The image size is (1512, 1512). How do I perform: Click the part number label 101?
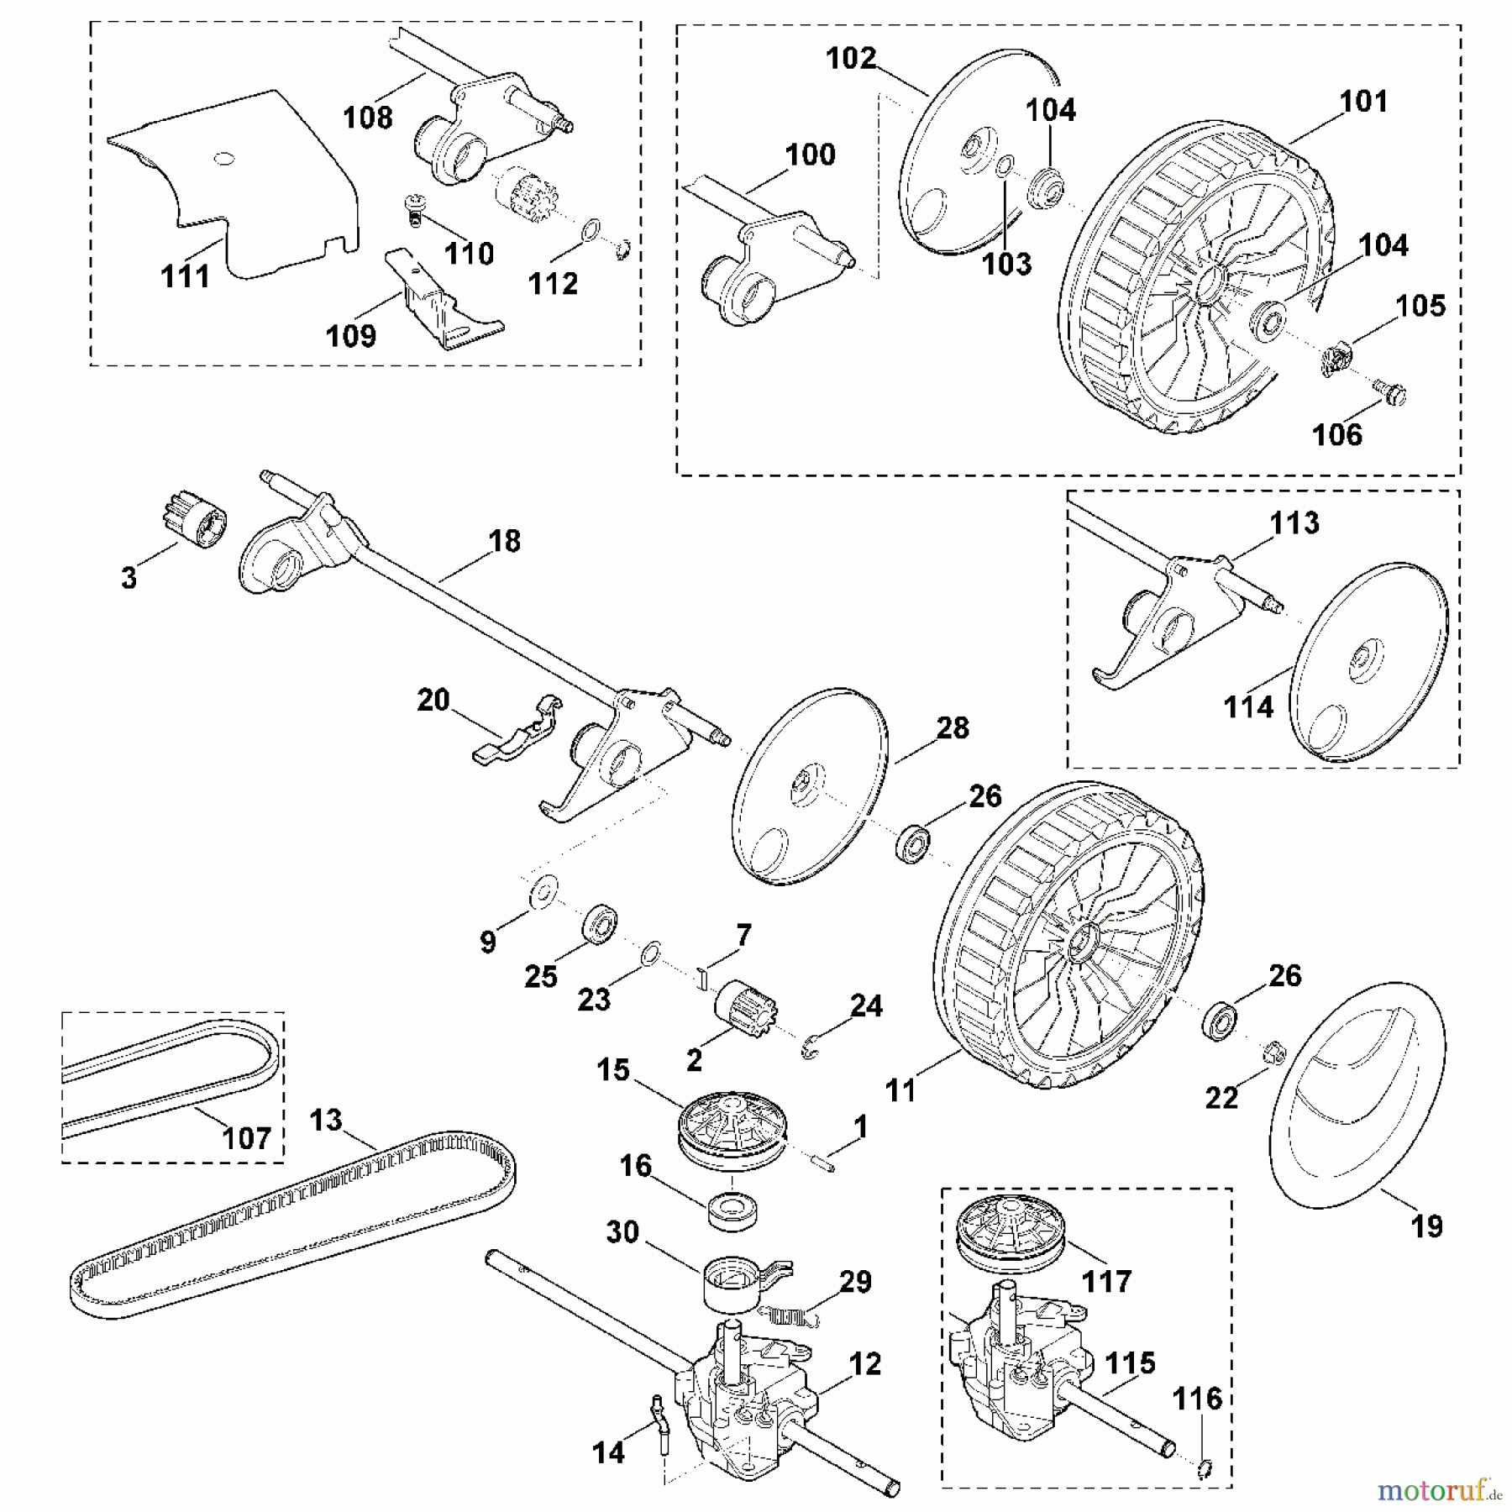1363,102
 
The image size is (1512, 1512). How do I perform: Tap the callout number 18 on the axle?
504,542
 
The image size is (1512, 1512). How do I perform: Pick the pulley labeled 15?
731,1130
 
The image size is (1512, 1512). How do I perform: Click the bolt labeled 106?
1394,392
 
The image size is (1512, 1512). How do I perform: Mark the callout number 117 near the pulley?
1106,1282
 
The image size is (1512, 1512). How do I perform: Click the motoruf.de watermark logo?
1428,1491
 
